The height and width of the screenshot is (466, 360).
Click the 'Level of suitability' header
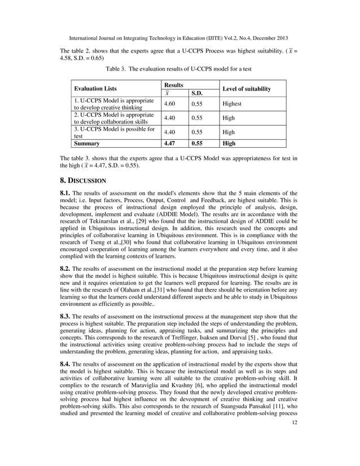pos(247,89)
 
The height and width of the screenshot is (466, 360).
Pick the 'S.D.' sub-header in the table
pos(197,93)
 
